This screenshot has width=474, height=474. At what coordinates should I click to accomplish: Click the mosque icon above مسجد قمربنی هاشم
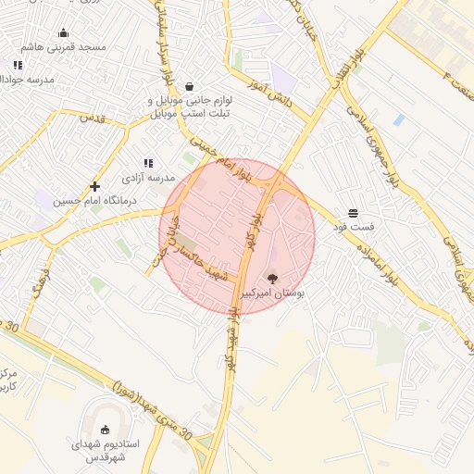(x=63, y=33)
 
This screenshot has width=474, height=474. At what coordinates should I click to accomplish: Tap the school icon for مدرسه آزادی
(x=148, y=163)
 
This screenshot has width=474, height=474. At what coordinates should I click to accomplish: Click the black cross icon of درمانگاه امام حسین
(x=94, y=187)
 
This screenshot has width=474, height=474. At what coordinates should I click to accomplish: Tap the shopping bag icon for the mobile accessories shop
(x=189, y=85)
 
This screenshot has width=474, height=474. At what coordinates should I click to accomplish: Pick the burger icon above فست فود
(x=353, y=213)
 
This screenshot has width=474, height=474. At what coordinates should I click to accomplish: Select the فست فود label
(x=353, y=226)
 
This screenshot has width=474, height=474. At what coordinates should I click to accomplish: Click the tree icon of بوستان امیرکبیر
(x=271, y=278)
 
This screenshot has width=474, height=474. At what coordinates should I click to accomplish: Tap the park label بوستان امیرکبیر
(x=272, y=292)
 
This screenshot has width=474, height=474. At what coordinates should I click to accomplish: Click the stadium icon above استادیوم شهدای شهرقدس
(x=104, y=430)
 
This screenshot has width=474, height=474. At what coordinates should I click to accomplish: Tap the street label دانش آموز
(x=270, y=94)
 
